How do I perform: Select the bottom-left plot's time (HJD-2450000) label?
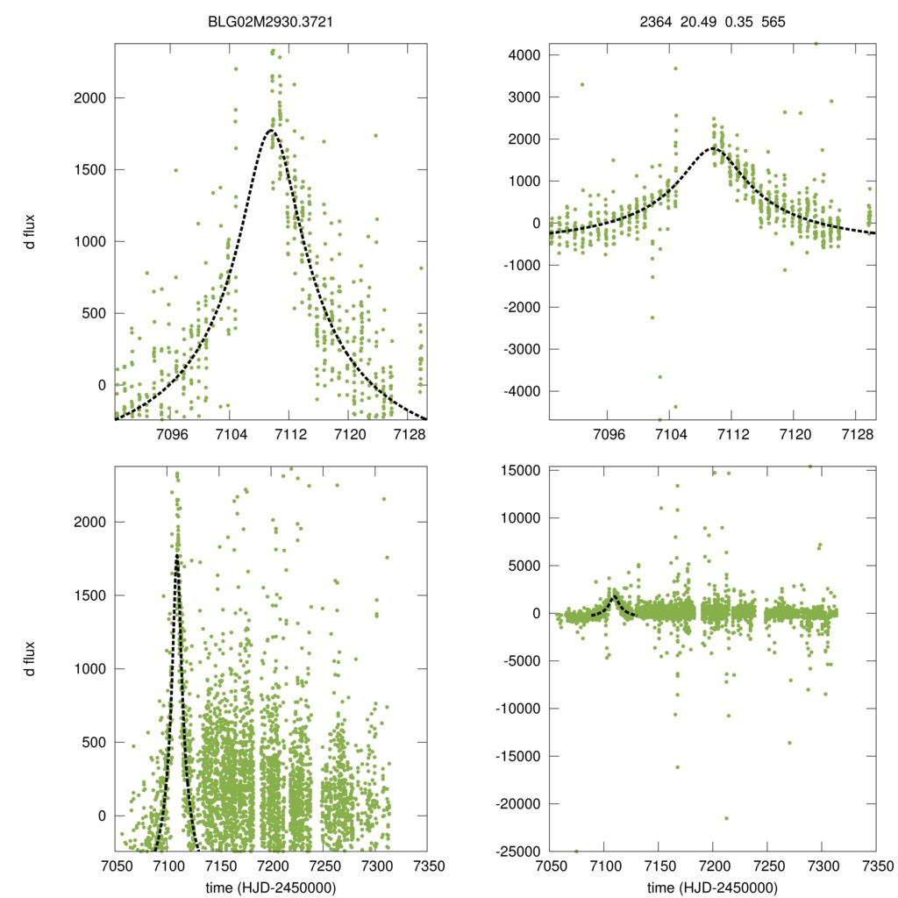coord(272,887)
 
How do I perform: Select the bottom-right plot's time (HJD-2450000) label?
coord(712,887)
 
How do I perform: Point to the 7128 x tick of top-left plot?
coord(410,434)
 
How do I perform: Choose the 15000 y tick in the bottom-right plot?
coord(521,471)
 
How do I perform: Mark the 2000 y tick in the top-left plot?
coord(87,97)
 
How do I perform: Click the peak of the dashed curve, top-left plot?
coord(272,131)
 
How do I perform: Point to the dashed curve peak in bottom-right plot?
coord(614,595)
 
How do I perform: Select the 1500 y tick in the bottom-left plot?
coord(87,595)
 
